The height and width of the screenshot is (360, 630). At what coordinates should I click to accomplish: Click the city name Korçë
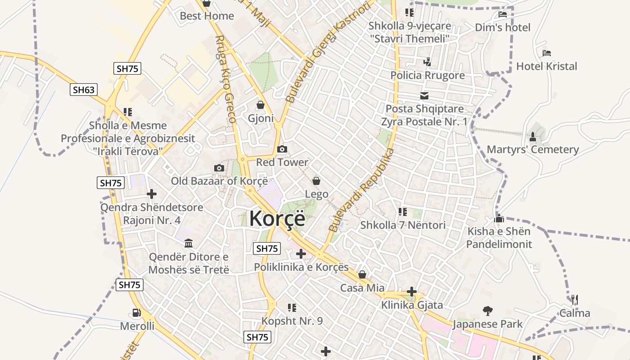pos(277,219)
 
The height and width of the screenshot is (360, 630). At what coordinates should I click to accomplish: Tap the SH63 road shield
pos(84,90)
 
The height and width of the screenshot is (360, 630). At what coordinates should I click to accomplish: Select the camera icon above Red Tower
pos(282,149)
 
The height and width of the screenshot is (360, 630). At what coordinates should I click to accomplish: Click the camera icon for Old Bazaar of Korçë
pos(219,168)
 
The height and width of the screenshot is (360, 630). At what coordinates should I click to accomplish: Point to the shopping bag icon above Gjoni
pos(261,105)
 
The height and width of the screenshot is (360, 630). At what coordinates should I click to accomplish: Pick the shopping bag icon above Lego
pos(316,181)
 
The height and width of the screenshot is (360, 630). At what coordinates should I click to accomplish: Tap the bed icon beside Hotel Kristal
pos(547,53)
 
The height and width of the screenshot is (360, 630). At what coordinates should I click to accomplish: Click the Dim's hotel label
pos(503,27)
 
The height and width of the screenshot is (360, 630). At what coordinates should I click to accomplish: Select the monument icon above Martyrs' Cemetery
pos(533,136)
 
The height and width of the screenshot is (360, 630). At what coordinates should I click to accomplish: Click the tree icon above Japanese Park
pos(487,310)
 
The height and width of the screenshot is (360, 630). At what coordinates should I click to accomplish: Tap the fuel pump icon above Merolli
pos(137,313)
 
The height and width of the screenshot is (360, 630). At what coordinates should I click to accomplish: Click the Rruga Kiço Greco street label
pos(225,80)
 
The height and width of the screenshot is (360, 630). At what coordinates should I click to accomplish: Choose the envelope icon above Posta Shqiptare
pos(424,95)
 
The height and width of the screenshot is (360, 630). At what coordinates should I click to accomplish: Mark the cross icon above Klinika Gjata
pos(412,292)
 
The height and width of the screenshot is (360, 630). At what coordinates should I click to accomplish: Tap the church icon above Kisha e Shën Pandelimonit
pos(499,219)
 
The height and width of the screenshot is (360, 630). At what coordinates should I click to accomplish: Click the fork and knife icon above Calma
pos(575,300)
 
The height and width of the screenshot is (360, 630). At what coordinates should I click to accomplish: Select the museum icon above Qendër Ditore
pos(189,243)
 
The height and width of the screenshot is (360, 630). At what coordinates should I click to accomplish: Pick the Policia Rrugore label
pos(427,75)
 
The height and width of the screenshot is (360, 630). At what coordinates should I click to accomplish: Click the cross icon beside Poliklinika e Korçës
pos(301,254)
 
